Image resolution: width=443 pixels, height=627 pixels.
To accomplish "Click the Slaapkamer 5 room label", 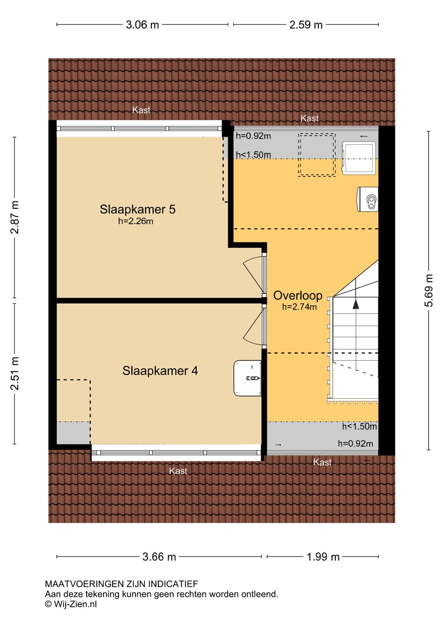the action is [137, 209].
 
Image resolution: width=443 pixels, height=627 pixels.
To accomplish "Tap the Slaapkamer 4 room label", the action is [160, 371].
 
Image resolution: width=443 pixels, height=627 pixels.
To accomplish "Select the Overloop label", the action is [298, 296].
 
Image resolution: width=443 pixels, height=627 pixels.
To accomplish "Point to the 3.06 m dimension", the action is [142, 25].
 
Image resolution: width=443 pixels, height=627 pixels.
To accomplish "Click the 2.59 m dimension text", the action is [306, 25].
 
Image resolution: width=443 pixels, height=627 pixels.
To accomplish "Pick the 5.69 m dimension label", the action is [429, 290].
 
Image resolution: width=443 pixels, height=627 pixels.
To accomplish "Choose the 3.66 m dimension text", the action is [159, 557].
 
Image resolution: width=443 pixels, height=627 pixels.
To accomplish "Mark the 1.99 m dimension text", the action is [323, 557].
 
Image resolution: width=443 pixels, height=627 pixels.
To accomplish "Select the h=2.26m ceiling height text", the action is [136, 221].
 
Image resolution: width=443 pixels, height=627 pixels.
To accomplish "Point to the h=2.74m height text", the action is [300, 307].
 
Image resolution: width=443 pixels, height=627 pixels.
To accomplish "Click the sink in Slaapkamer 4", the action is [248, 378].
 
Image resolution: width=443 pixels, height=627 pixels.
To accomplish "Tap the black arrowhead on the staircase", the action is [356, 304].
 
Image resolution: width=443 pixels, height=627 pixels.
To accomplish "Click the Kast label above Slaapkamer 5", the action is [141, 110].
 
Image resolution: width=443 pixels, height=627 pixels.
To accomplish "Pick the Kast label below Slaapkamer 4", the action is [178, 471].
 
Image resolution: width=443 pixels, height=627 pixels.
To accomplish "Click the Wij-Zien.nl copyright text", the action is [71, 604].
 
